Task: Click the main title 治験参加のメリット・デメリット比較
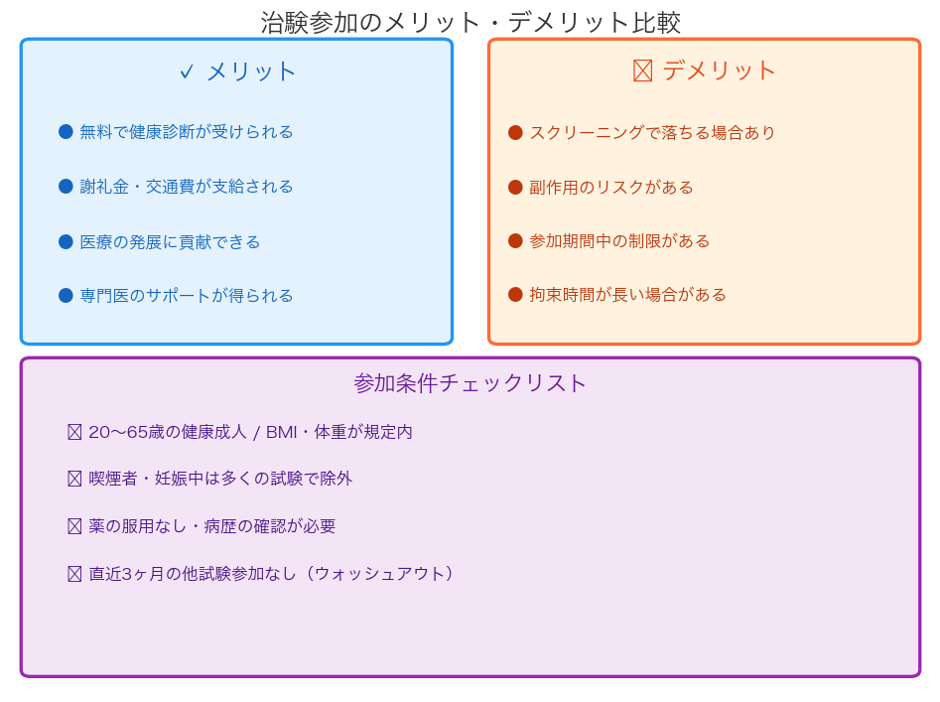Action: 470,22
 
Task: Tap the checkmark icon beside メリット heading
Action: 187,71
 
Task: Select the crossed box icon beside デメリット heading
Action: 642,70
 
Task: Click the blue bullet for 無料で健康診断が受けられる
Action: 66,132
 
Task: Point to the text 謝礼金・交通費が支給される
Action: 187,187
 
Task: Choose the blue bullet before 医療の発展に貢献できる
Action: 66,241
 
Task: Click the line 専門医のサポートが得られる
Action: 187,296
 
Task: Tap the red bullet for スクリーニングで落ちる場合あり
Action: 515,132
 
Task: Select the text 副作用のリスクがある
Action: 610,188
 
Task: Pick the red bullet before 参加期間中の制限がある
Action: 515,241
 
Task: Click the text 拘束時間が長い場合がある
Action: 627,294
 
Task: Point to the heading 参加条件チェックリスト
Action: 470,383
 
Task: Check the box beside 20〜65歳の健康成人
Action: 74,432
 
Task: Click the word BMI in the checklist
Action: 281,432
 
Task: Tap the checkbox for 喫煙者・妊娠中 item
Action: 74,479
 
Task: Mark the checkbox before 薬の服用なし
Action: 74,526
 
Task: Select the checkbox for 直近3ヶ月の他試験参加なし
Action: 74,574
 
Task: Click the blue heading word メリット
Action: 251,71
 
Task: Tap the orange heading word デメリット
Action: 719,70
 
